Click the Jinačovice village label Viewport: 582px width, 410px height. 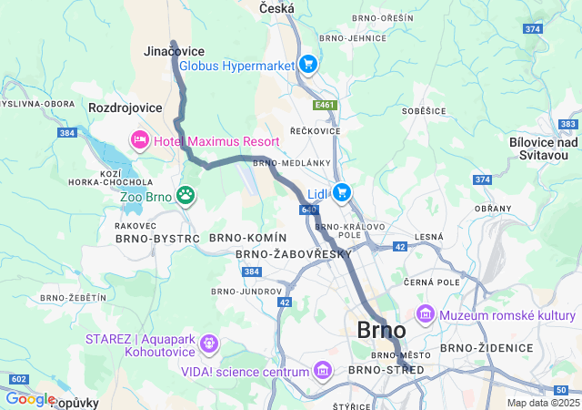click(174, 51)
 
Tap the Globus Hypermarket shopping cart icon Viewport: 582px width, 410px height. click(308, 64)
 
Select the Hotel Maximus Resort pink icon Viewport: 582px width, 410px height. click(140, 139)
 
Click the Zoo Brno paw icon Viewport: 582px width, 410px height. click(186, 194)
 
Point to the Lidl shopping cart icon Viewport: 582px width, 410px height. click(342, 191)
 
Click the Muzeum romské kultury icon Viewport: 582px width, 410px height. click(425, 315)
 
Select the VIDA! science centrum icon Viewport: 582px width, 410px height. click(322, 371)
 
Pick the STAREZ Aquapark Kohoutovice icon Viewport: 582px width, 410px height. click(209, 343)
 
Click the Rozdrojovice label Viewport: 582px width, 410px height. click(125, 108)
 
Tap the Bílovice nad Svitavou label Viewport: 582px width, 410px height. click(544, 149)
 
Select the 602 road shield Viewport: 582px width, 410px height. click(18, 378)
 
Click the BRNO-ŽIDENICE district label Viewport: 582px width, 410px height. click(486, 348)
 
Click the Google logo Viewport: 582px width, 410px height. click(29, 399)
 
